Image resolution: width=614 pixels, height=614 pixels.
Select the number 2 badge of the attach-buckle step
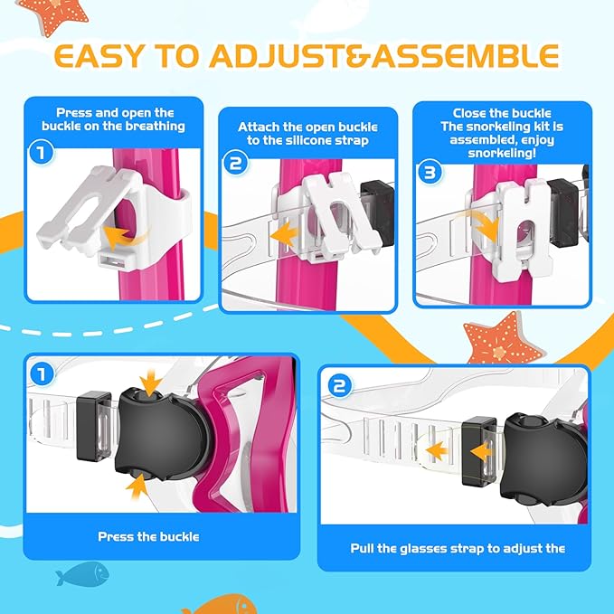(236, 163)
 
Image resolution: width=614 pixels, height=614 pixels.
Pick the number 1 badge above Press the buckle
(40, 372)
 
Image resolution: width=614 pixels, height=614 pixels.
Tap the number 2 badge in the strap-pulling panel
(336, 386)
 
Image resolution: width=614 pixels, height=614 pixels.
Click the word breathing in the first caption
(156, 126)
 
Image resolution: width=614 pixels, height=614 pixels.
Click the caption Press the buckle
(148, 536)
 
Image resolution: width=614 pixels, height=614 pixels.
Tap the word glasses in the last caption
(427, 548)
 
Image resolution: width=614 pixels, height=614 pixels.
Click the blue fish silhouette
(80, 573)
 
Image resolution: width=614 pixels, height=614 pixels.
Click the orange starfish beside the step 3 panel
(492, 337)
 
